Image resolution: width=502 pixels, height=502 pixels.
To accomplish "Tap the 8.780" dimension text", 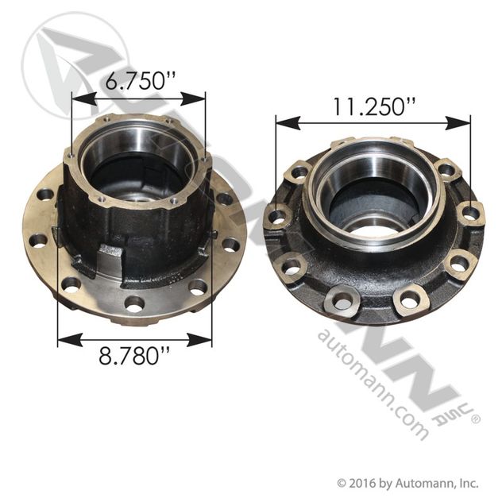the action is click(133, 356).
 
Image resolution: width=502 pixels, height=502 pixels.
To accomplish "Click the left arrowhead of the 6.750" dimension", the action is click(84, 98).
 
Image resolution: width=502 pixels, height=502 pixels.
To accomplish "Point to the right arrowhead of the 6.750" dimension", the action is click(193, 98).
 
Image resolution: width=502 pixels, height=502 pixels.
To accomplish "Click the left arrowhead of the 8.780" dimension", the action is click(69, 340).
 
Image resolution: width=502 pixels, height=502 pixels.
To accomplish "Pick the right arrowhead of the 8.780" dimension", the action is click(200, 340).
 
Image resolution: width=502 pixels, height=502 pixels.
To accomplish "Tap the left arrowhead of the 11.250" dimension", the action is click(288, 123).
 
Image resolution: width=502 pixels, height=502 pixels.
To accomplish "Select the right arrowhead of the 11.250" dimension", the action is click(458, 123).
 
